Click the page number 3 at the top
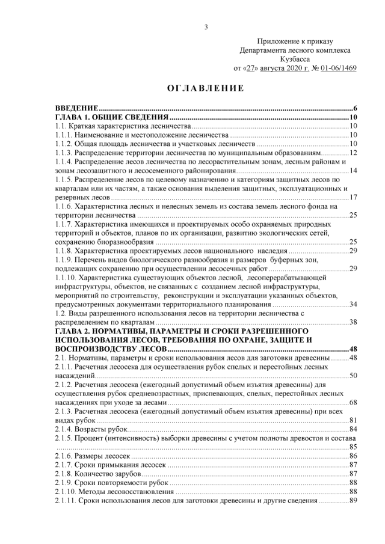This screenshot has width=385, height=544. coord(206,27)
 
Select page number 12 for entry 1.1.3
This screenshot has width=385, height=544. coord(354,153)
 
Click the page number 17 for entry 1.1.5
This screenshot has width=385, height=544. coord(354,197)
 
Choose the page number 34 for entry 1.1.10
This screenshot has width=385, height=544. coord(354,304)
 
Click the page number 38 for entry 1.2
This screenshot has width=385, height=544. coord(354,322)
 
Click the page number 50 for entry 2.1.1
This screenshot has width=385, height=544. coord(354,376)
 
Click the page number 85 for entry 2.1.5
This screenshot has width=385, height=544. coord(354,447)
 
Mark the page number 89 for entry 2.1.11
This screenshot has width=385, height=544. coord(354,501)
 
